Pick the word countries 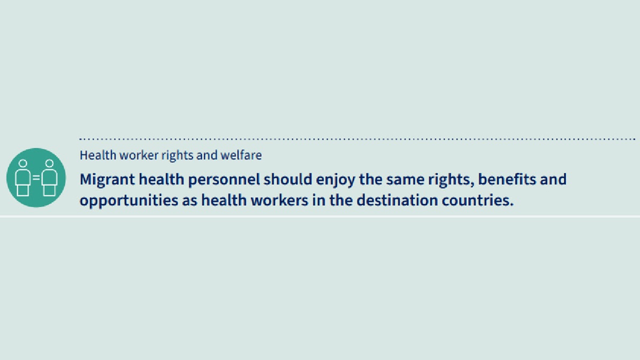(483, 201)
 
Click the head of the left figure (23, 163)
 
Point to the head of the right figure (49, 163)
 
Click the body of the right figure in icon (49, 181)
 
